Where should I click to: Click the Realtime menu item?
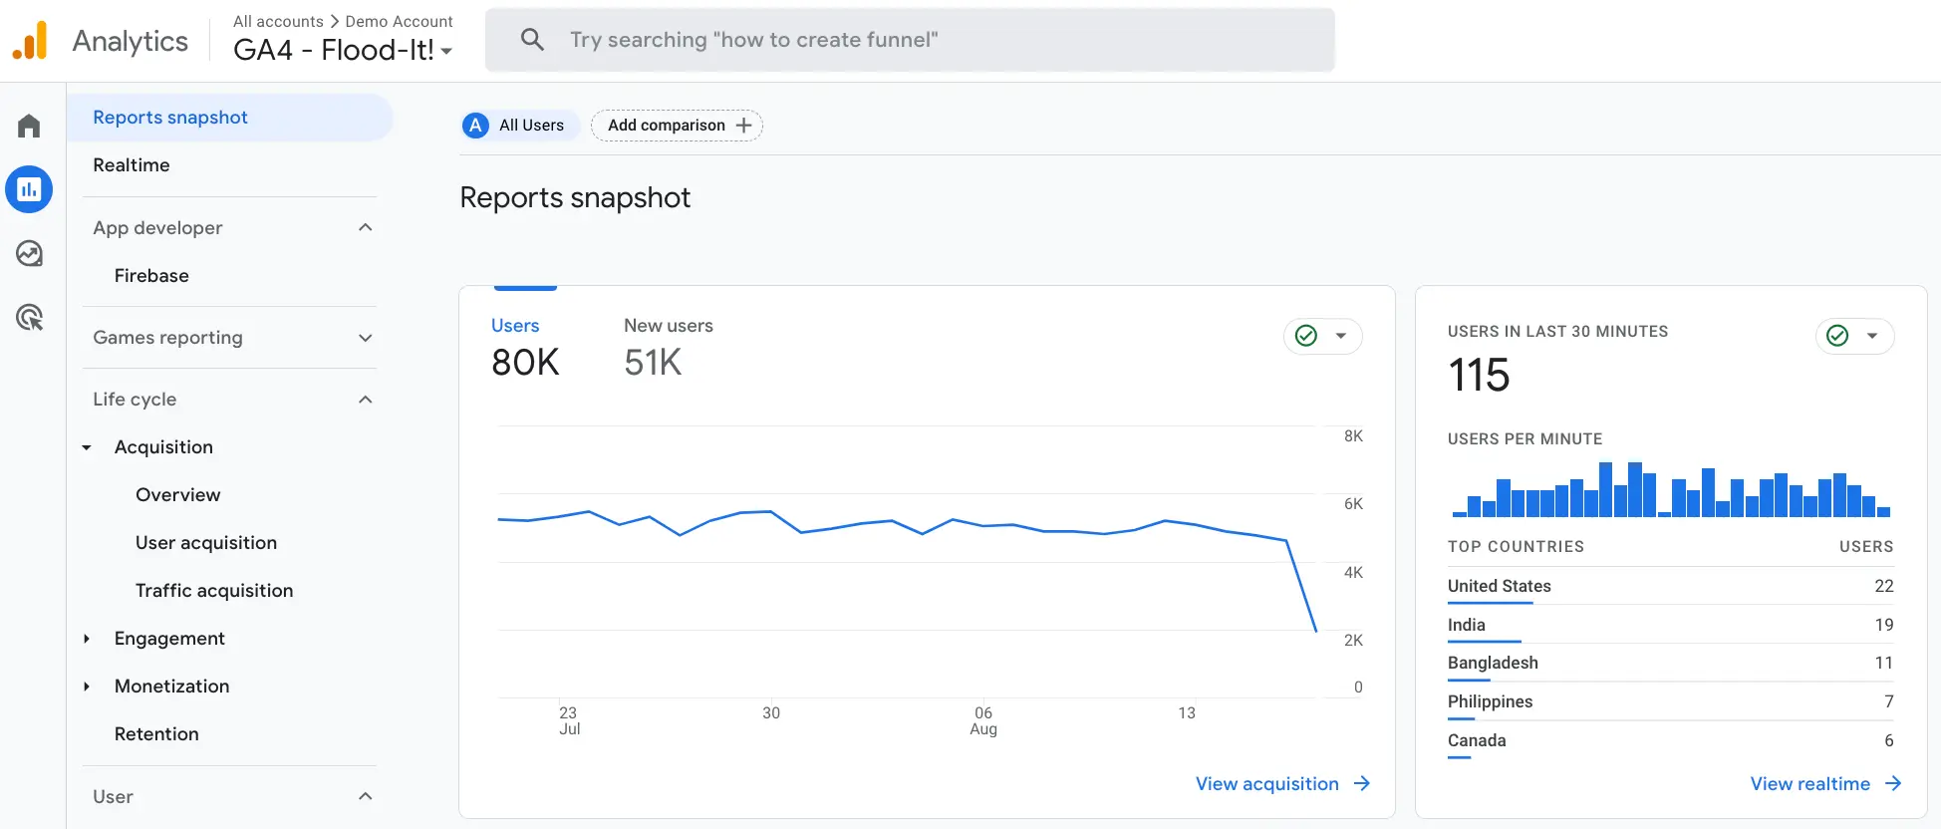point(131,165)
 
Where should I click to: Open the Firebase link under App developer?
point(151,276)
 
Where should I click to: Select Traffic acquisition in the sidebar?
point(214,591)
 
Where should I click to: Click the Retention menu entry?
point(156,734)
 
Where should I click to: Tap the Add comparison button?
point(678,126)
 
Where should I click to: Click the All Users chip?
point(515,126)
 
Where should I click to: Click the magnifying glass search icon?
point(532,40)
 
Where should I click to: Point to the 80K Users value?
point(525,363)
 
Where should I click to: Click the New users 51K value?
point(653,363)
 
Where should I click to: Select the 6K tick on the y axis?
point(1352,504)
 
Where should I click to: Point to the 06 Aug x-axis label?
point(983,720)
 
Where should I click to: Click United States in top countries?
point(1499,586)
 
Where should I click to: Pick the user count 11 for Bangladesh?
point(1882,663)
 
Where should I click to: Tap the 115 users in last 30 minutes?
point(1479,376)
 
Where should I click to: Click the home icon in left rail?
point(29,127)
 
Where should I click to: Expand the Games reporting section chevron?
point(365,338)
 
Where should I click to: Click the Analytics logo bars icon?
point(31,41)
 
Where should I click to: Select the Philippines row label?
point(1490,701)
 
